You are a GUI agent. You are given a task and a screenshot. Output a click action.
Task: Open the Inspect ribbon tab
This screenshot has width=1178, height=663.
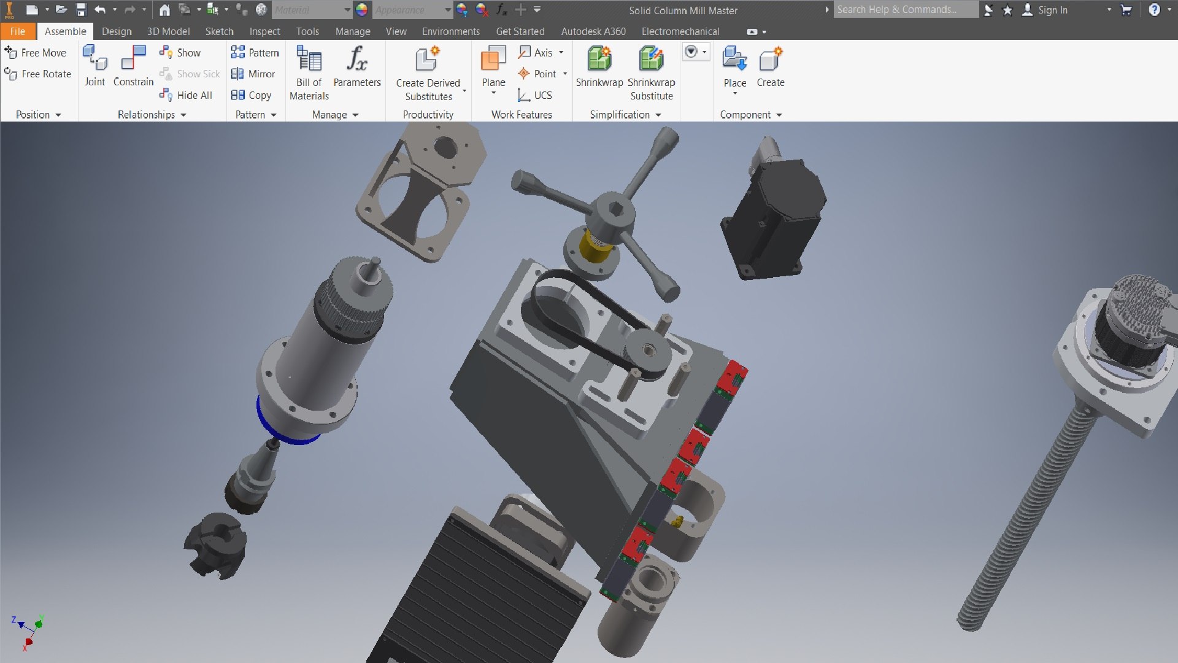click(x=264, y=31)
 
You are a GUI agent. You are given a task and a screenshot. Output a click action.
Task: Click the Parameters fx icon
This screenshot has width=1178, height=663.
click(x=356, y=60)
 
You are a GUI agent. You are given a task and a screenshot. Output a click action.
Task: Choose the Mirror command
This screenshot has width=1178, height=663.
click(x=253, y=74)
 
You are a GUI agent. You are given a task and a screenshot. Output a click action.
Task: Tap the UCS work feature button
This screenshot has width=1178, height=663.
click(x=535, y=95)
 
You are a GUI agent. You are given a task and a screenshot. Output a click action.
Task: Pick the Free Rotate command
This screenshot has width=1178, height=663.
click(x=38, y=74)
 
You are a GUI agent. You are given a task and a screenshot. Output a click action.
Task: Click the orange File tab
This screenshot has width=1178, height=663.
click(x=17, y=31)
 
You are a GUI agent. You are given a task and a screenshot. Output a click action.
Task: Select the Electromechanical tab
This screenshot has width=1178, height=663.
click(x=680, y=31)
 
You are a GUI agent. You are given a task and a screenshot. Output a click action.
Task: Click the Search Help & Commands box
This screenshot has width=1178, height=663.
click(x=904, y=10)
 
